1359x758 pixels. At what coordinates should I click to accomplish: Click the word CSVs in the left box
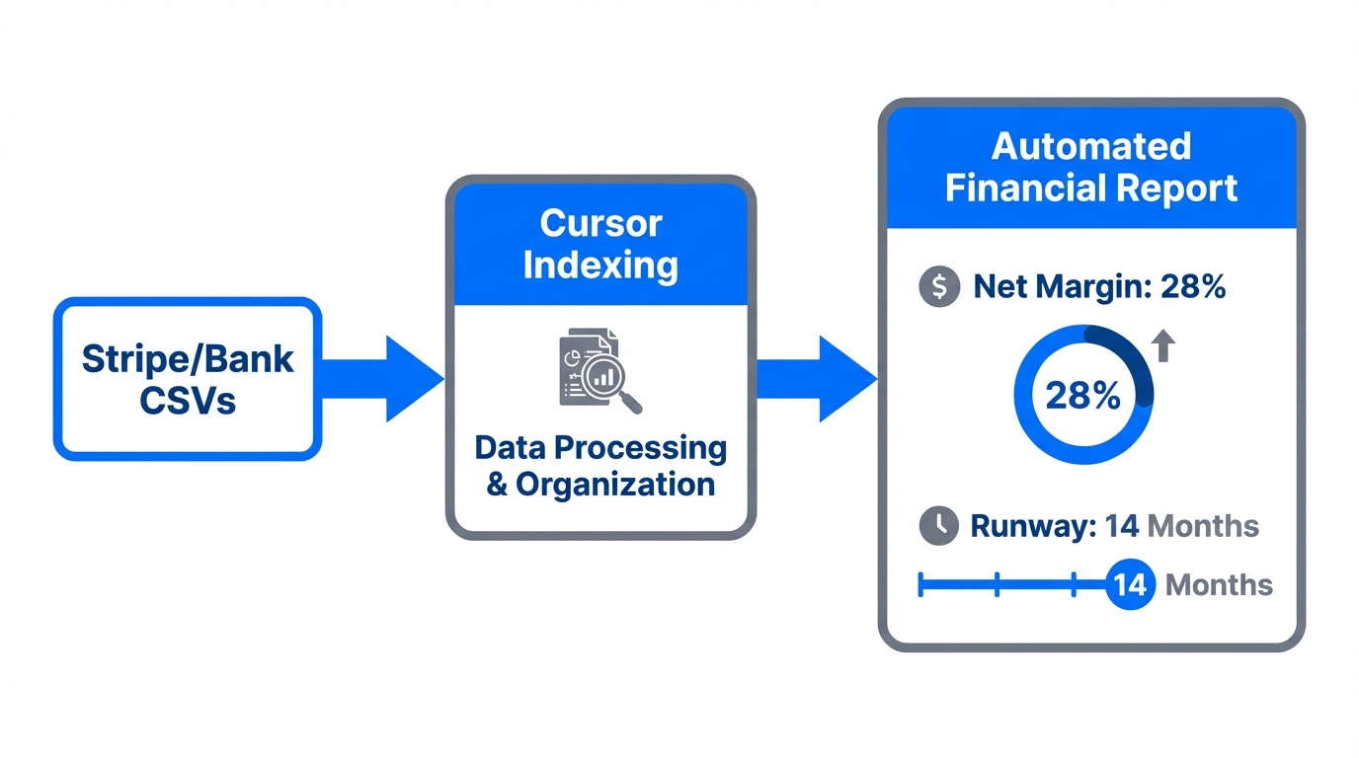188,400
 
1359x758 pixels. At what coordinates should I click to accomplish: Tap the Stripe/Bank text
188,358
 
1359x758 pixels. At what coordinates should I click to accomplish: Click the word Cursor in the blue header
600,224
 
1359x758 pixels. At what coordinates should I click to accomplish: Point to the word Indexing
600,265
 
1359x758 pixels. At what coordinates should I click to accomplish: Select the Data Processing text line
600,447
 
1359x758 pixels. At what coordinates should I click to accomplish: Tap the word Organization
614,485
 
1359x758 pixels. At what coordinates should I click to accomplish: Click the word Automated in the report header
1090,146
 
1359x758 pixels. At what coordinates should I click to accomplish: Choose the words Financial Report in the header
1090,188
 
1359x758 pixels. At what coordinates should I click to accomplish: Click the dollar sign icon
939,287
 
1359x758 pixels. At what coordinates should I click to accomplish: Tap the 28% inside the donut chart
1082,396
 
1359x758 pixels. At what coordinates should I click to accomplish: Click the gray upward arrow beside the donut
1163,345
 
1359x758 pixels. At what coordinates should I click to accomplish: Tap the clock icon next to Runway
939,526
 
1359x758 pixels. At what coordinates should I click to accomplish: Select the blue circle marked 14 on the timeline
1130,584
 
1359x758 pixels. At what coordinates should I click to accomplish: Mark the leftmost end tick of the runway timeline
920,584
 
